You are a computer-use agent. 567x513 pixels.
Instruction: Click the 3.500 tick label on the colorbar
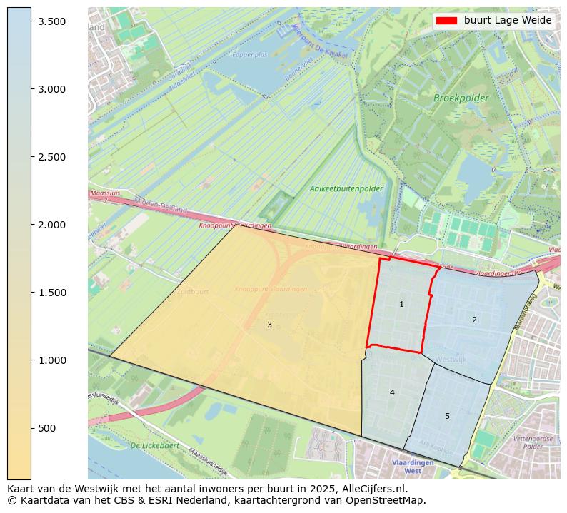click(x=52, y=21)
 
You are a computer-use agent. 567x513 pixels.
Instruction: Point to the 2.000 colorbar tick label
click(x=52, y=225)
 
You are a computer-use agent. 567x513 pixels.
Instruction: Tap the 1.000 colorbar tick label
click(x=52, y=360)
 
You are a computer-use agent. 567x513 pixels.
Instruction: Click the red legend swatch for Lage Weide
click(x=446, y=21)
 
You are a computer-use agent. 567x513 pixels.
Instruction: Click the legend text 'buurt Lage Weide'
click(x=508, y=21)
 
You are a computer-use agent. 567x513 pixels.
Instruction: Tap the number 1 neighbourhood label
click(x=401, y=305)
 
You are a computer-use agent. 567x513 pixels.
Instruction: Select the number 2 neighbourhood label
click(x=474, y=320)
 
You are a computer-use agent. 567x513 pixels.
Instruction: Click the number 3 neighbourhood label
click(x=269, y=325)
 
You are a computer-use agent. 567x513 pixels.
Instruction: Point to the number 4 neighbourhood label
click(x=392, y=392)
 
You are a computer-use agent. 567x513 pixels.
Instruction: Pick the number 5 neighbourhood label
click(x=447, y=416)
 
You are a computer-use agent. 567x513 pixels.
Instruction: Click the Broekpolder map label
click(x=461, y=98)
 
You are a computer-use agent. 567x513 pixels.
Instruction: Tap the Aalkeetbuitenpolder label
click(x=346, y=189)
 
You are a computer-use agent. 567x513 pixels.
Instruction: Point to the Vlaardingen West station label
click(x=413, y=467)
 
